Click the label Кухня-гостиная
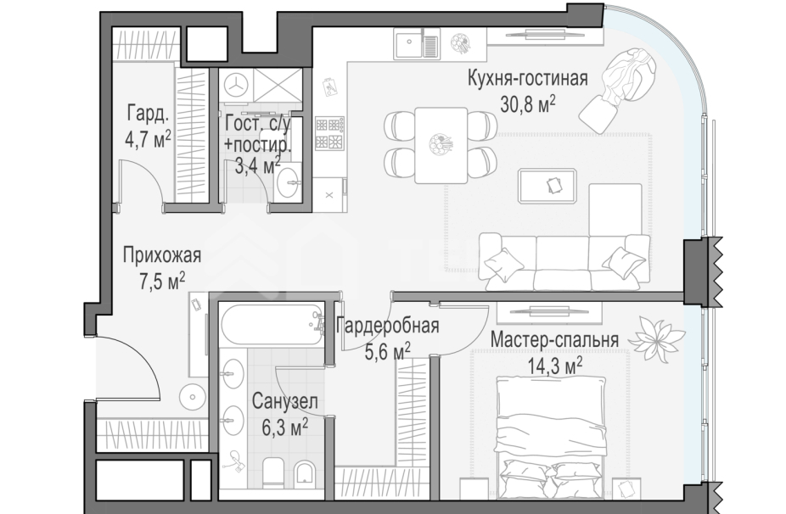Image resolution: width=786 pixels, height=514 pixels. pos(527,80)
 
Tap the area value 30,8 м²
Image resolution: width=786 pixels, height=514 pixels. pos(527,104)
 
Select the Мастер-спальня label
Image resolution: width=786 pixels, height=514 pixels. pos(554,340)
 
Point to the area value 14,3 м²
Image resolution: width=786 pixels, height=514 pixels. pos(554,365)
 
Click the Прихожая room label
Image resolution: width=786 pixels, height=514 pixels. pos(161,255)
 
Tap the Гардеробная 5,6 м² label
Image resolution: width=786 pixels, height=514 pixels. pos(386,338)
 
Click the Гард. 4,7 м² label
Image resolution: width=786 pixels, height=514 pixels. pos(148,126)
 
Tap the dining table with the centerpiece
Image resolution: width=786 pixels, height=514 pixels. pos(441,144)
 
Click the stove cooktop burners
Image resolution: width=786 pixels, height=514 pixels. pos(329,132)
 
